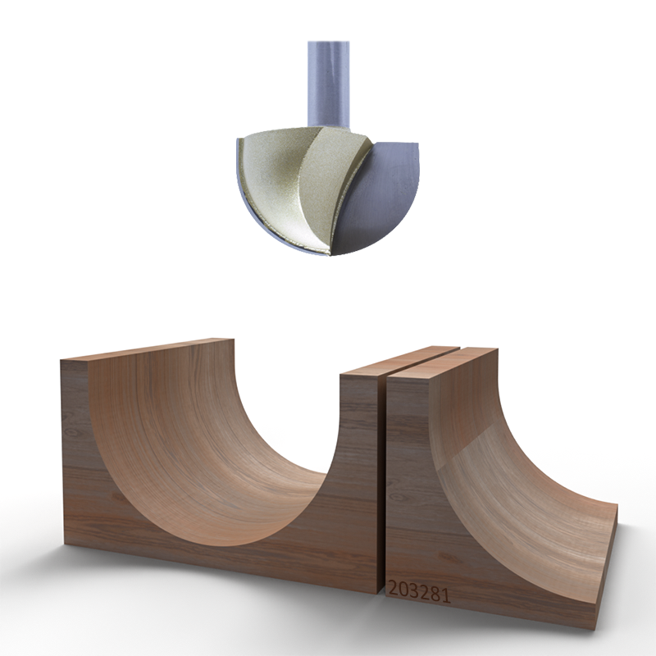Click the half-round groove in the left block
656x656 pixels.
pos(213,459)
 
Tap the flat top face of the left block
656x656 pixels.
pos(148,349)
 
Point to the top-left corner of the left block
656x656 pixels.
pos(63,359)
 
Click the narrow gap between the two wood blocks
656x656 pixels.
pos(382,476)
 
